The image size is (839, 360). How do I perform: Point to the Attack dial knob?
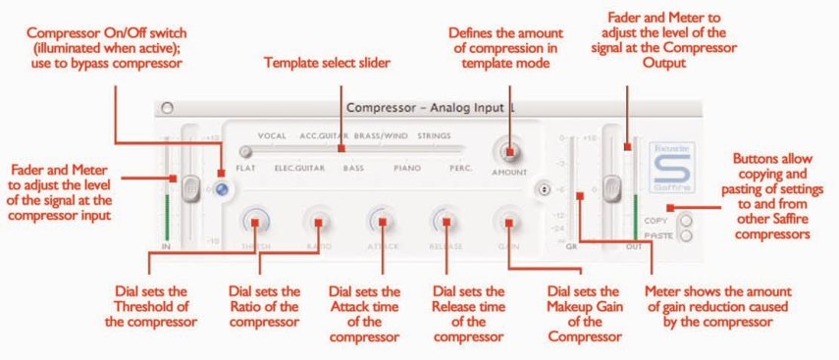point(382,221)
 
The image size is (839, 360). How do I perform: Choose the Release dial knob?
point(444,221)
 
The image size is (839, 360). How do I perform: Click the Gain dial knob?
point(507,221)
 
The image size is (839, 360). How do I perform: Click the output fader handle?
point(612,184)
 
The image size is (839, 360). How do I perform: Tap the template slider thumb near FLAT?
point(245,151)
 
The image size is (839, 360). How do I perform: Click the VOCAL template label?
point(273,135)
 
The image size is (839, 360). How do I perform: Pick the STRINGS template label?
point(433,135)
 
